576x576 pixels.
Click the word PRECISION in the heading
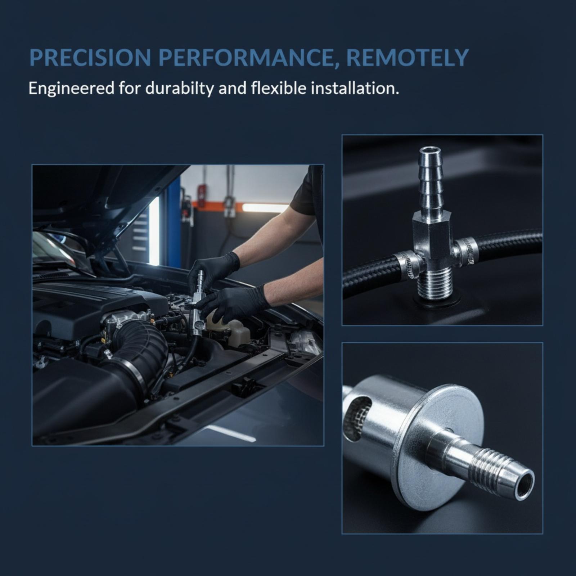pyautogui.click(x=90, y=57)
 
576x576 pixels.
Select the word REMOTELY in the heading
pyautogui.click(x=407, y=57)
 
